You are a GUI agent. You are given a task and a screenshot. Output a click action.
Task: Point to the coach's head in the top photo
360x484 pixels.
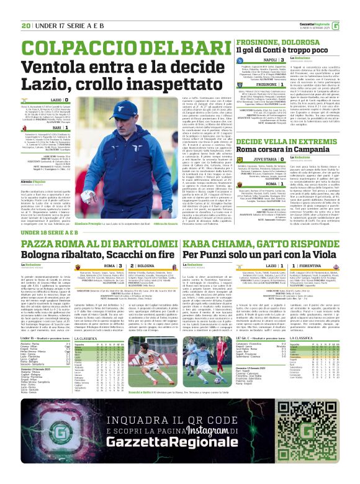click(129, 112)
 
